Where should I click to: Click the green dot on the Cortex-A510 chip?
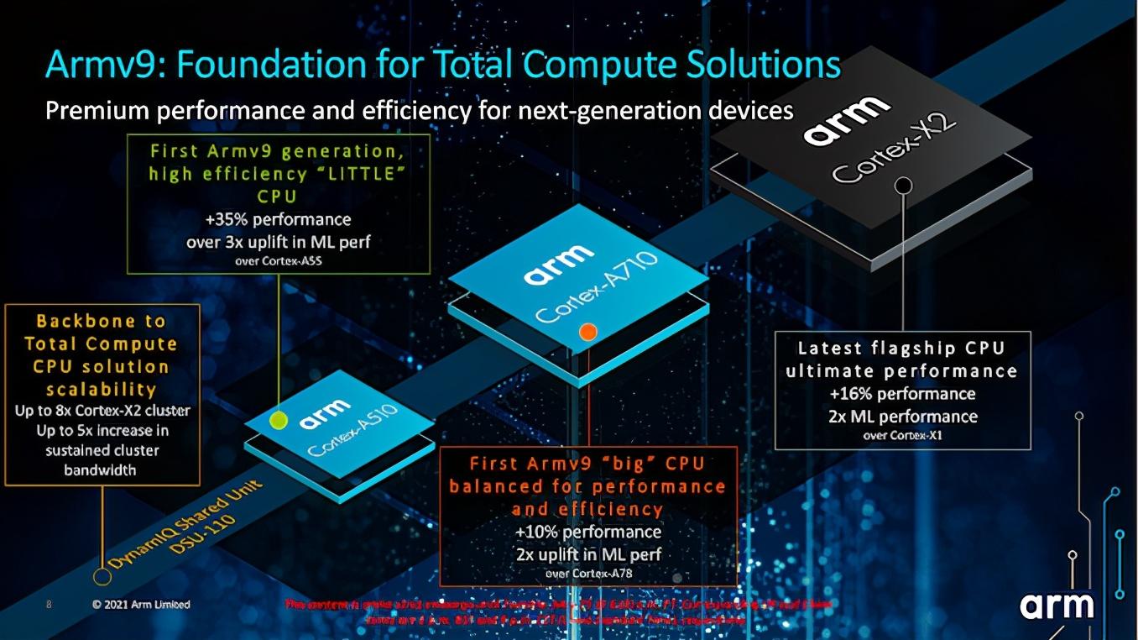click(279, 418)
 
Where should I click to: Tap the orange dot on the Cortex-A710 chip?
click(588, 332)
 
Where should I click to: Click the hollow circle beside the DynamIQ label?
click(102, 576)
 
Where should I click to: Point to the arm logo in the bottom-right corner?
click(1057, 606)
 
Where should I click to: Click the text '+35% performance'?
click(278, 220)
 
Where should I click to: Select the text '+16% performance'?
click(902, 394)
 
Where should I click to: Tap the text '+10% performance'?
click(588, 532)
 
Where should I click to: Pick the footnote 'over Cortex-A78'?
click(588, 574)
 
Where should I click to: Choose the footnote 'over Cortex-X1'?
click(902, 435)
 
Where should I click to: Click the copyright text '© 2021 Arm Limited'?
click(141, 605)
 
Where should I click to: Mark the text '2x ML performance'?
click(902, 417)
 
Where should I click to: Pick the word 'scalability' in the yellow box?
click(102, 389)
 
